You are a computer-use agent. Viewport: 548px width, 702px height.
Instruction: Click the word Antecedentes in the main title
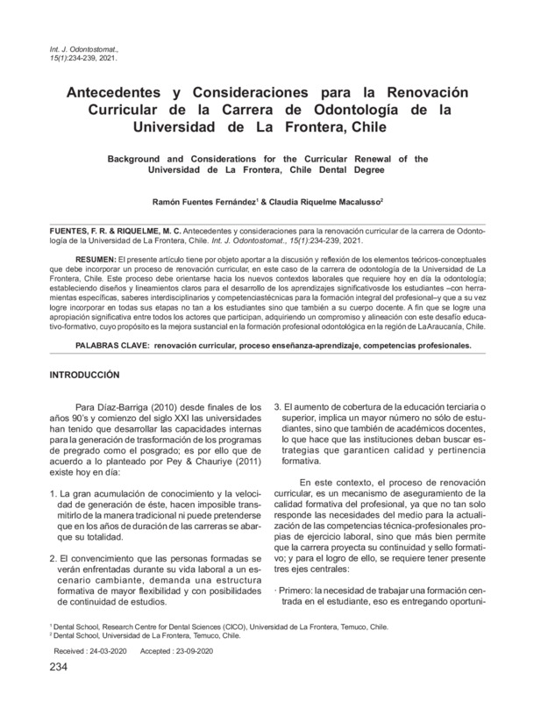[x=123, y=93]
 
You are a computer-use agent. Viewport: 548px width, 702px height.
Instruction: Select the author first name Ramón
[x=167, y=201]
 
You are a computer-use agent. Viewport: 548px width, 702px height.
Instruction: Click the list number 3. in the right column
[x=279, y=408]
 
